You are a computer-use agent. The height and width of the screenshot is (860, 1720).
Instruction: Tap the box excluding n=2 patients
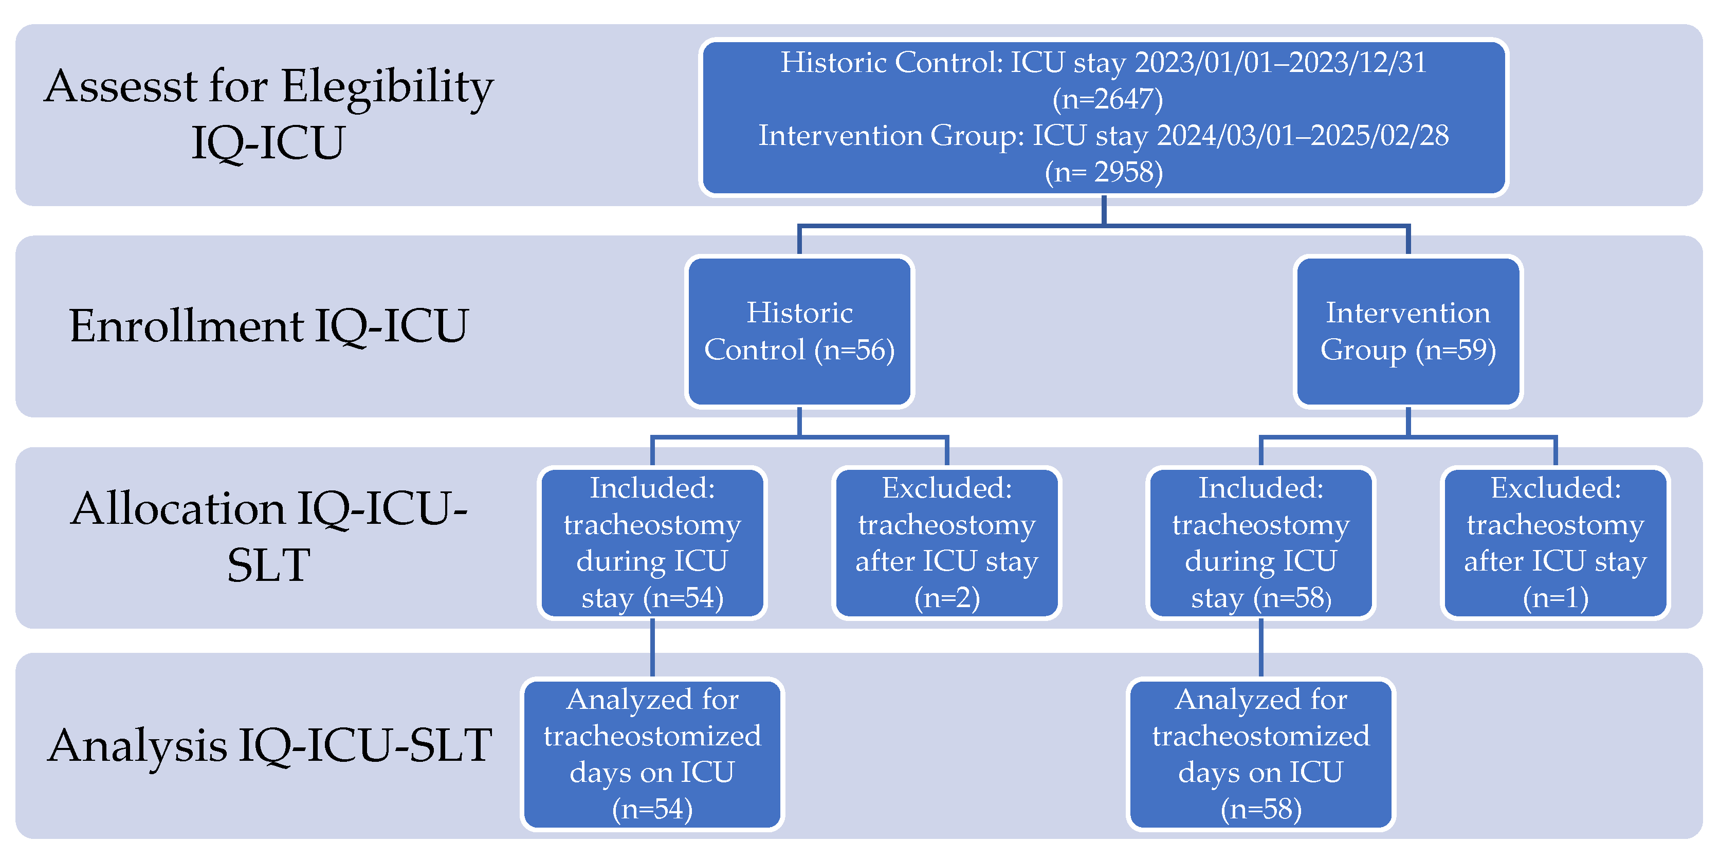click(x=947, y=543)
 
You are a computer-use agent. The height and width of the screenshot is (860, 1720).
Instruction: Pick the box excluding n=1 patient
click(x=1555, y=543)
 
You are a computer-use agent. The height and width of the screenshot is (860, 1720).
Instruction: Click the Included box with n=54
click(x=652, y=543)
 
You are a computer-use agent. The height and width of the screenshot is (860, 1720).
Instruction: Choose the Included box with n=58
click(x=1260, y=543)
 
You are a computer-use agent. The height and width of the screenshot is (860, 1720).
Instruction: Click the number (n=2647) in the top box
click(x=1108, y=99)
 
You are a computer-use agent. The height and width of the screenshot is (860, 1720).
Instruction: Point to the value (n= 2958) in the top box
click(x=1104, y=172)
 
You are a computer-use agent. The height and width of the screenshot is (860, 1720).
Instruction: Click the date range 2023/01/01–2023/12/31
click(x=1280, y=63)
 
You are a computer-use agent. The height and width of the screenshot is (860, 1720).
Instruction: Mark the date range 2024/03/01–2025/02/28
click(x=1303, y=136)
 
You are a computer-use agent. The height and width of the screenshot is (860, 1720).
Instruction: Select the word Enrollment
click(x=186, y=326)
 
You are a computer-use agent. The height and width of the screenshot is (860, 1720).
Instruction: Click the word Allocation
click(x=178, y=509)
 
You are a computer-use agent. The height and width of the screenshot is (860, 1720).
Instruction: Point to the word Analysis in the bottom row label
click(x=137, y=746)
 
